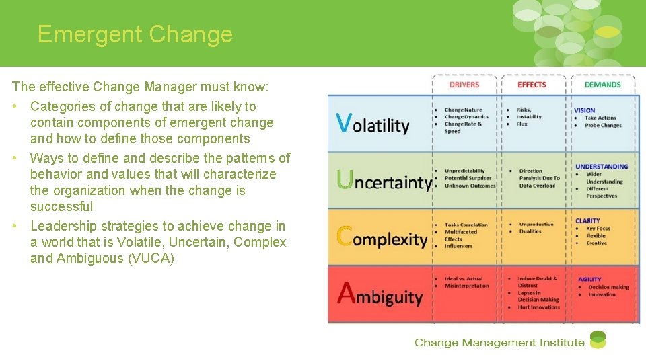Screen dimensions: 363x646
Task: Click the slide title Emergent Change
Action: pos(135,34)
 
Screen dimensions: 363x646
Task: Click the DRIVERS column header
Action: pos(464,85)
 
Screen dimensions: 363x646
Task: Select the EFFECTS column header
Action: pos(532,85)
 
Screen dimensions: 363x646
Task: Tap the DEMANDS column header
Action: pos(602,85)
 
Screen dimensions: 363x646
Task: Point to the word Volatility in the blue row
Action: pos(373,124)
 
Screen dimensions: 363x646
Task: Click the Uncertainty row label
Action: pos(384,181)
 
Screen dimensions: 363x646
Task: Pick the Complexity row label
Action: pos(382,237)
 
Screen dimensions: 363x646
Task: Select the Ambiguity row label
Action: pos(380,294)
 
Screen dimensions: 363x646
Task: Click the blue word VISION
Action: pos(584,110)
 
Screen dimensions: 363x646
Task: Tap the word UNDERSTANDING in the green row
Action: pos(601,167)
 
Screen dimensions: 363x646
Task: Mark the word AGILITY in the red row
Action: pos(589,279)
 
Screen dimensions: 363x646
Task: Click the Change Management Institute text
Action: pos(499,343)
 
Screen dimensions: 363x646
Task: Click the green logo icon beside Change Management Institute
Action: pos(598,340)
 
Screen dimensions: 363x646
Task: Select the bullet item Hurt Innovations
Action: pos(538,307)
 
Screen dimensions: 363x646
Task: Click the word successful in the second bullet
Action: pos(61,207)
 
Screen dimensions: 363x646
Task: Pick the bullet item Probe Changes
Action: pos(603,126)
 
